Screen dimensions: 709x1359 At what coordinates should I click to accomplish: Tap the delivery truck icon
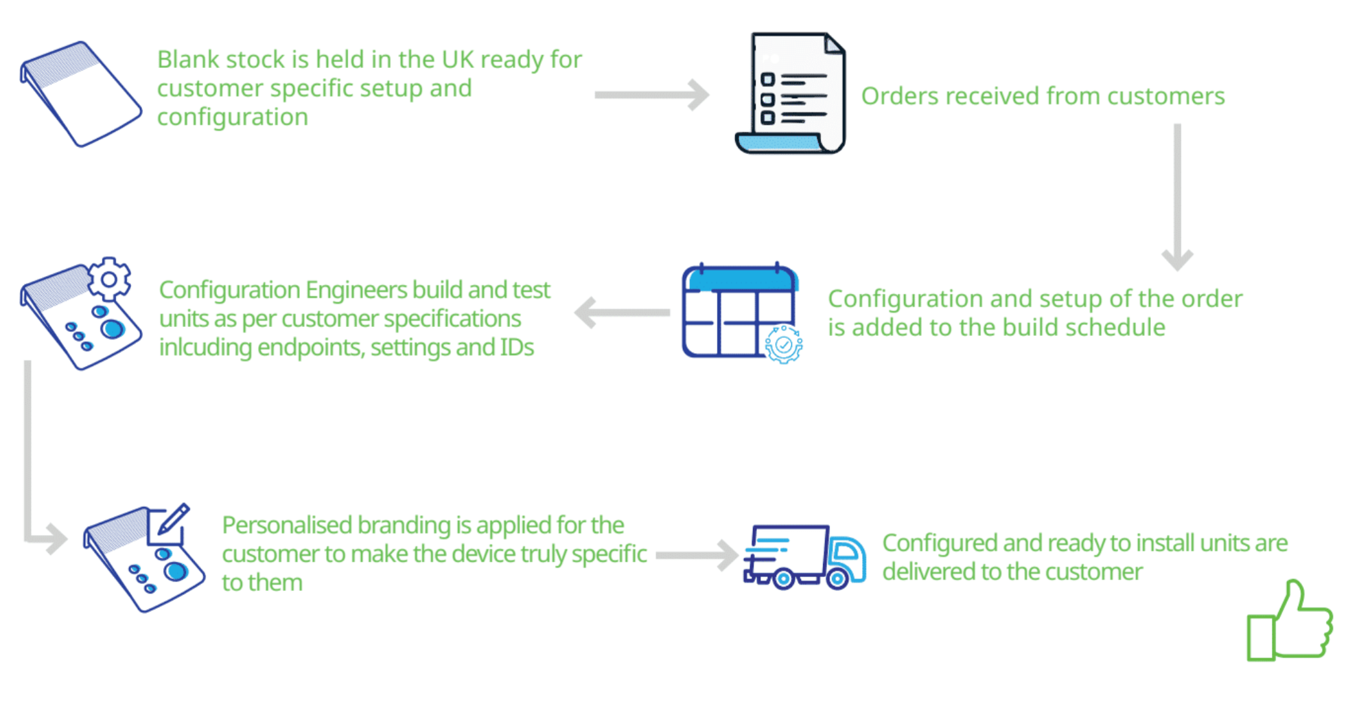coord(804,557)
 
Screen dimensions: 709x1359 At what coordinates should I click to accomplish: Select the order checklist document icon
coord(791,93)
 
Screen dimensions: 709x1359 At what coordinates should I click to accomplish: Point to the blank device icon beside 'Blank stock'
coord(80,93)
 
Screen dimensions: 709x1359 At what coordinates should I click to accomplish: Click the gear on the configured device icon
coord(108,279)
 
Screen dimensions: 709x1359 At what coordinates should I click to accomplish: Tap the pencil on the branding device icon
coord(174,518)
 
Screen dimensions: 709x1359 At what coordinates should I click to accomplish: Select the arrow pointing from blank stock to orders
coord(652,95)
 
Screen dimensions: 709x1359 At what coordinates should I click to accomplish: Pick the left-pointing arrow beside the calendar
coord(621,313)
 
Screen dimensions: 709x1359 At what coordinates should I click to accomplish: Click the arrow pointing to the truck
coord(697,555)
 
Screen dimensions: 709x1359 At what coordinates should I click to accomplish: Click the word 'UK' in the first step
coord(458,60)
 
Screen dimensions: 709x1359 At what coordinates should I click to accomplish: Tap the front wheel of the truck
coord(837,579)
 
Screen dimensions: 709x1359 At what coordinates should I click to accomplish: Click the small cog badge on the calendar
coord(784,344)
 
